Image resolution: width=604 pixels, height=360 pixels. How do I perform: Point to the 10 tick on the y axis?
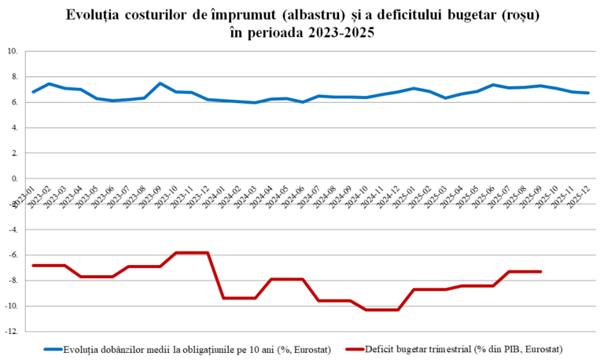click(x=13, y=52)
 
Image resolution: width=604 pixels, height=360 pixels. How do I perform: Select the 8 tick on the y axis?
click(x=14, y=77)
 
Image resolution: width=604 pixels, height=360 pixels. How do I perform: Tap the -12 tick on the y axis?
click(x=13, y=332)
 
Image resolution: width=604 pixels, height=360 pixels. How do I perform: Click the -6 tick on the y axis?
click(x=13, y=255)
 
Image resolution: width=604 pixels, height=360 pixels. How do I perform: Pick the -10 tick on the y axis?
click(x=13, y=307)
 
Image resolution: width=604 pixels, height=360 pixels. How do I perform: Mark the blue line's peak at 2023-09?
click(x=160, y=83)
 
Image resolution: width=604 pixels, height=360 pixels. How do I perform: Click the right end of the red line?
click(x=540, y=272)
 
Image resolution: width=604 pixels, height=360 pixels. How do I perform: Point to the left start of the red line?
click(x=33, y=266)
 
